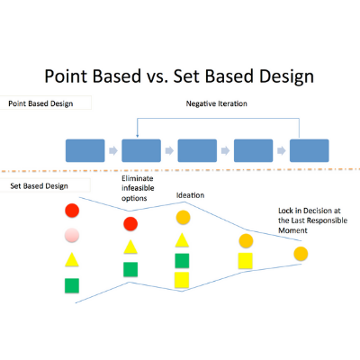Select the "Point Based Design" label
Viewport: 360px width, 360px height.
40,103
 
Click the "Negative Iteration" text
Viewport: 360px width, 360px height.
217,103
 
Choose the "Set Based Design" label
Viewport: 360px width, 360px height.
39,186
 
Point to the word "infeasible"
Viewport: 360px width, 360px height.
138,188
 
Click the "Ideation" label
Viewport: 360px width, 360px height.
190,195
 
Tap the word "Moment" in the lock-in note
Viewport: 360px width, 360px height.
292,230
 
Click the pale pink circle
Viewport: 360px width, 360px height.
72,235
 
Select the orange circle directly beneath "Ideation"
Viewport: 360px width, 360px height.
184,218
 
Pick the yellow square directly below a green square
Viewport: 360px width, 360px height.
182,280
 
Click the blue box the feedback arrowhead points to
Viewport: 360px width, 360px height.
141,150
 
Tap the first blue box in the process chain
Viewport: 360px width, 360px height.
85,150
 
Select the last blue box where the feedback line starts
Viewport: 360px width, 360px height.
310,150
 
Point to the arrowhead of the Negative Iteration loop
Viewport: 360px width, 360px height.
137,136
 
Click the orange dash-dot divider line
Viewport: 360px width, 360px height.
180,170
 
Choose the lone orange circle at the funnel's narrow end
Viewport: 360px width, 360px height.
301,254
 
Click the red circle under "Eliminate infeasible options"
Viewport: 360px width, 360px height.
130,224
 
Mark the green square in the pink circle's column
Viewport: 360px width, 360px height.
72,285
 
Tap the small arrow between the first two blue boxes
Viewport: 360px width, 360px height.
113,150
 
